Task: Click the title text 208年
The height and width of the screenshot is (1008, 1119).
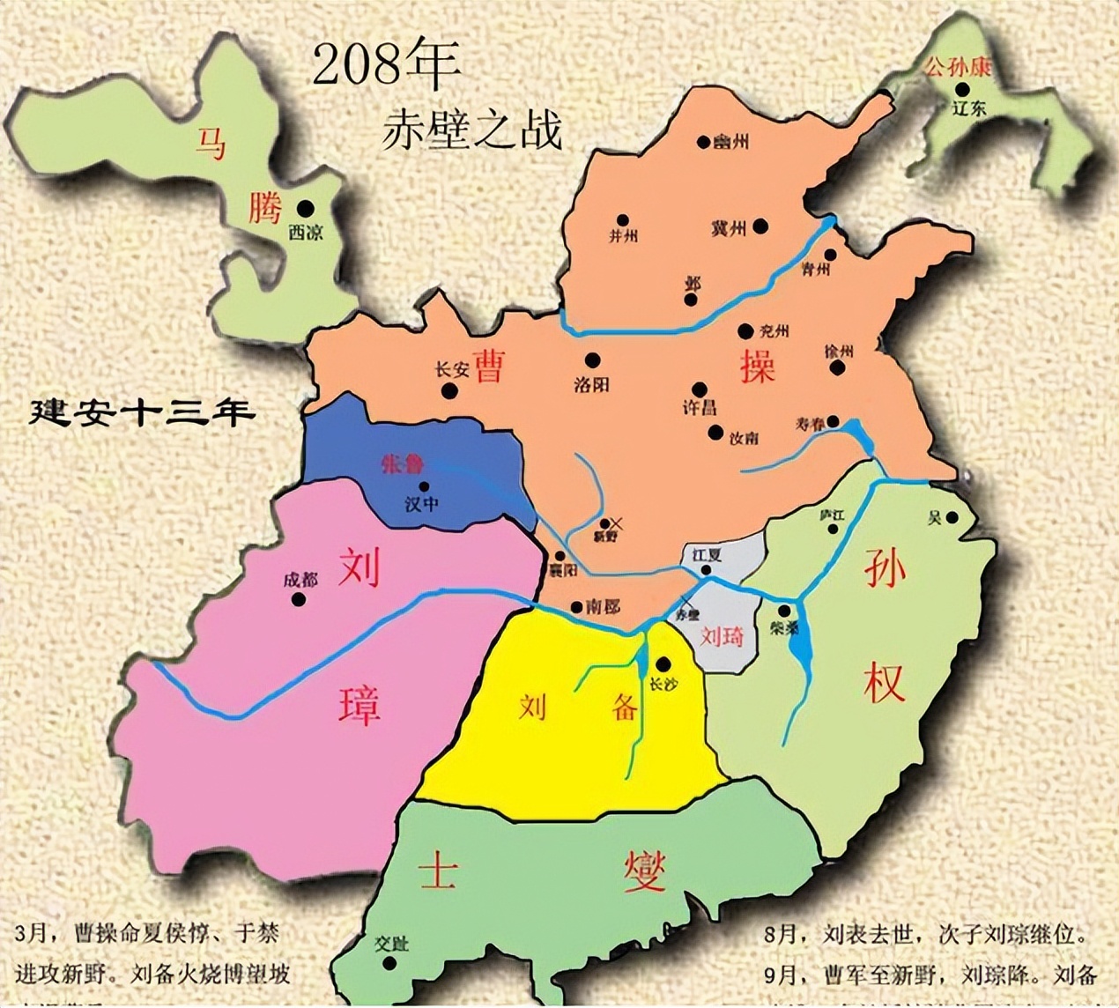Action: pos(386,66)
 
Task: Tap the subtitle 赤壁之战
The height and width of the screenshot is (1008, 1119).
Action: pos(471,130)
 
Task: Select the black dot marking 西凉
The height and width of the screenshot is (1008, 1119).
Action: pos(305,208)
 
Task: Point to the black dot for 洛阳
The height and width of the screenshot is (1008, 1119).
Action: pos(592,359)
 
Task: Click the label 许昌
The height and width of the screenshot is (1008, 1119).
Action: pos(700,408)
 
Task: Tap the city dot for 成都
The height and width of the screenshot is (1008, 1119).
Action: pos(299,599)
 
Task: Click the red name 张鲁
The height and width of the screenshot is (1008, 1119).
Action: pos(403,464)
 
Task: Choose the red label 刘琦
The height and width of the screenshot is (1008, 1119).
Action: pos(722,637)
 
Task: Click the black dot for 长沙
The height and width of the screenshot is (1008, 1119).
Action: pos(663,664)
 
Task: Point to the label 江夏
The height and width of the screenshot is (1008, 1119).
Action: pos(707,555)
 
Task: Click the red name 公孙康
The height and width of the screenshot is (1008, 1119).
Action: pos(957,67)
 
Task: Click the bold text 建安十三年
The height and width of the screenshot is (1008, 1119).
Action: pos(142,412)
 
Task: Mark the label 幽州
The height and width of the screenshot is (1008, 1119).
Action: pos(731,140)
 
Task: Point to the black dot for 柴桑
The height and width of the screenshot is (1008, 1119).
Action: pos(784,611)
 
